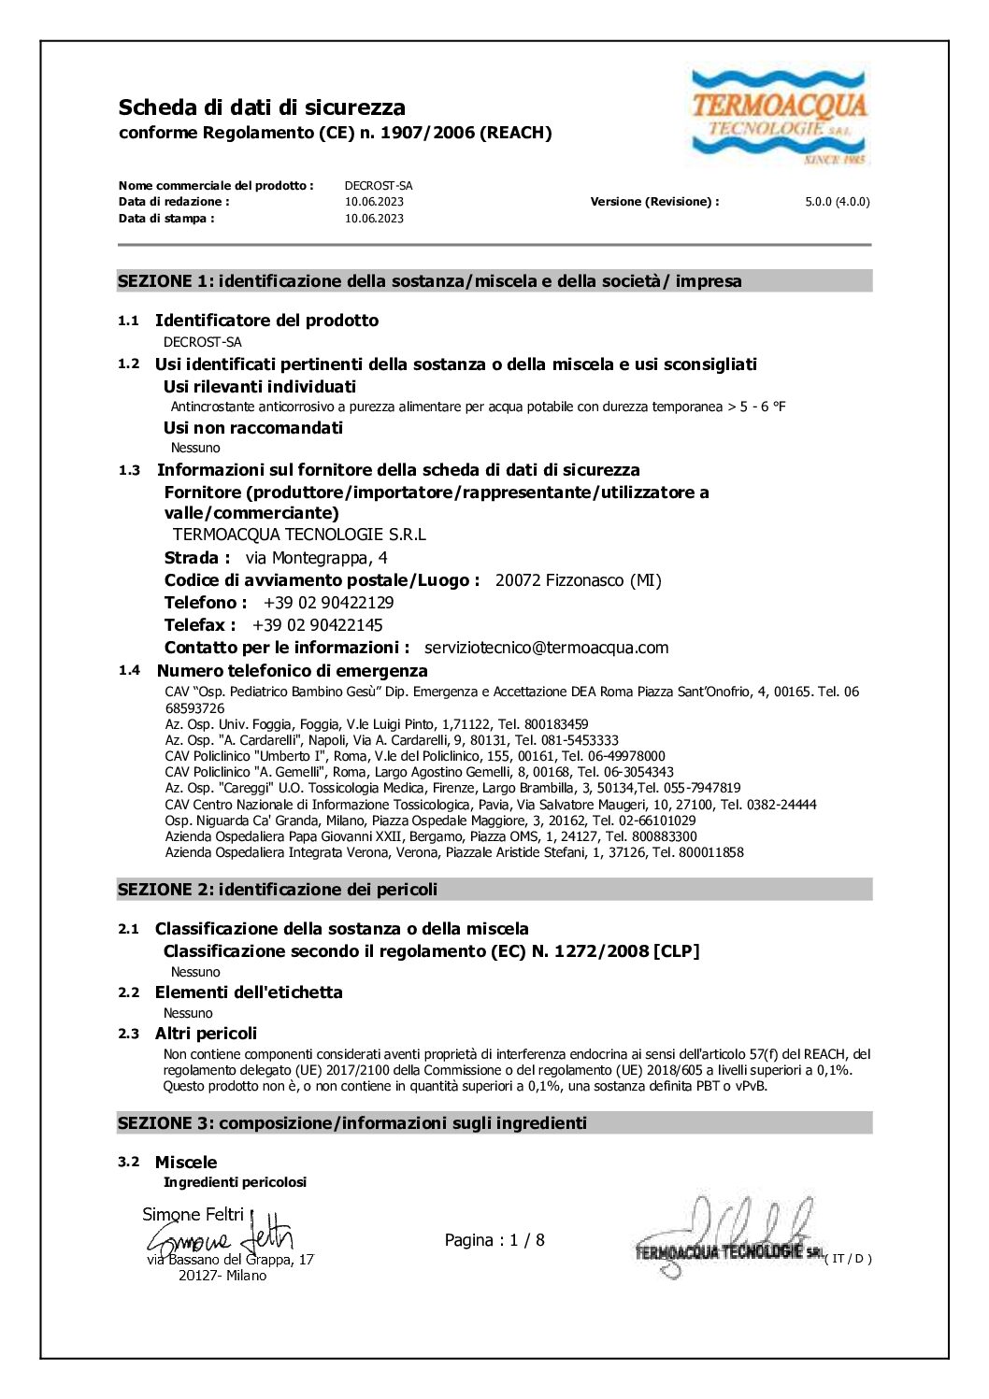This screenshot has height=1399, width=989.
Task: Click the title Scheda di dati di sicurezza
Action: (x=262, y=107)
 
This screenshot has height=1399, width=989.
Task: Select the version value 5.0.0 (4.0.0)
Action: (x=837, y=202)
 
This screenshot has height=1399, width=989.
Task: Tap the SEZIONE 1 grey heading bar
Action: (x=494, y=281)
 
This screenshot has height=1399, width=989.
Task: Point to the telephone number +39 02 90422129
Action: (x=328, y=603)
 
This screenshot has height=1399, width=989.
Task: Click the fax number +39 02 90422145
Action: (x=317, y=625)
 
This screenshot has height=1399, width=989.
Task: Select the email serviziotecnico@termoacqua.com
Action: (x=546, y=648)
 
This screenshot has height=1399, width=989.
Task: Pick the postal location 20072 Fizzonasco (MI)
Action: (x=578, y=580)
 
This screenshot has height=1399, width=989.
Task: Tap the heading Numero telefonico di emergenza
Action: (x=292, y=671)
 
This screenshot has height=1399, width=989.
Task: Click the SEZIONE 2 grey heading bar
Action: (x=494, y=890)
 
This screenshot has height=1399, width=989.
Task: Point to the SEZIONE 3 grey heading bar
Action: (x=494, y=1123)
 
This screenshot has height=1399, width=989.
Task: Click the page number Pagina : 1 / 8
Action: (x=494, y=1240)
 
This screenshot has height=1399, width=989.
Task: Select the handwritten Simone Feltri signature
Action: (x=221, y=1239)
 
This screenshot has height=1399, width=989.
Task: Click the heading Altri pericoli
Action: (x=206, y=1034)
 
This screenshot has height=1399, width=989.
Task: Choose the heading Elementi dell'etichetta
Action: (x=249, y=992)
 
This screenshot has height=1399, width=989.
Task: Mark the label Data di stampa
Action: (x=166, y=219)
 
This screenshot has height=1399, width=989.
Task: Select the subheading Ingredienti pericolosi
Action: (x=235, y=1182)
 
